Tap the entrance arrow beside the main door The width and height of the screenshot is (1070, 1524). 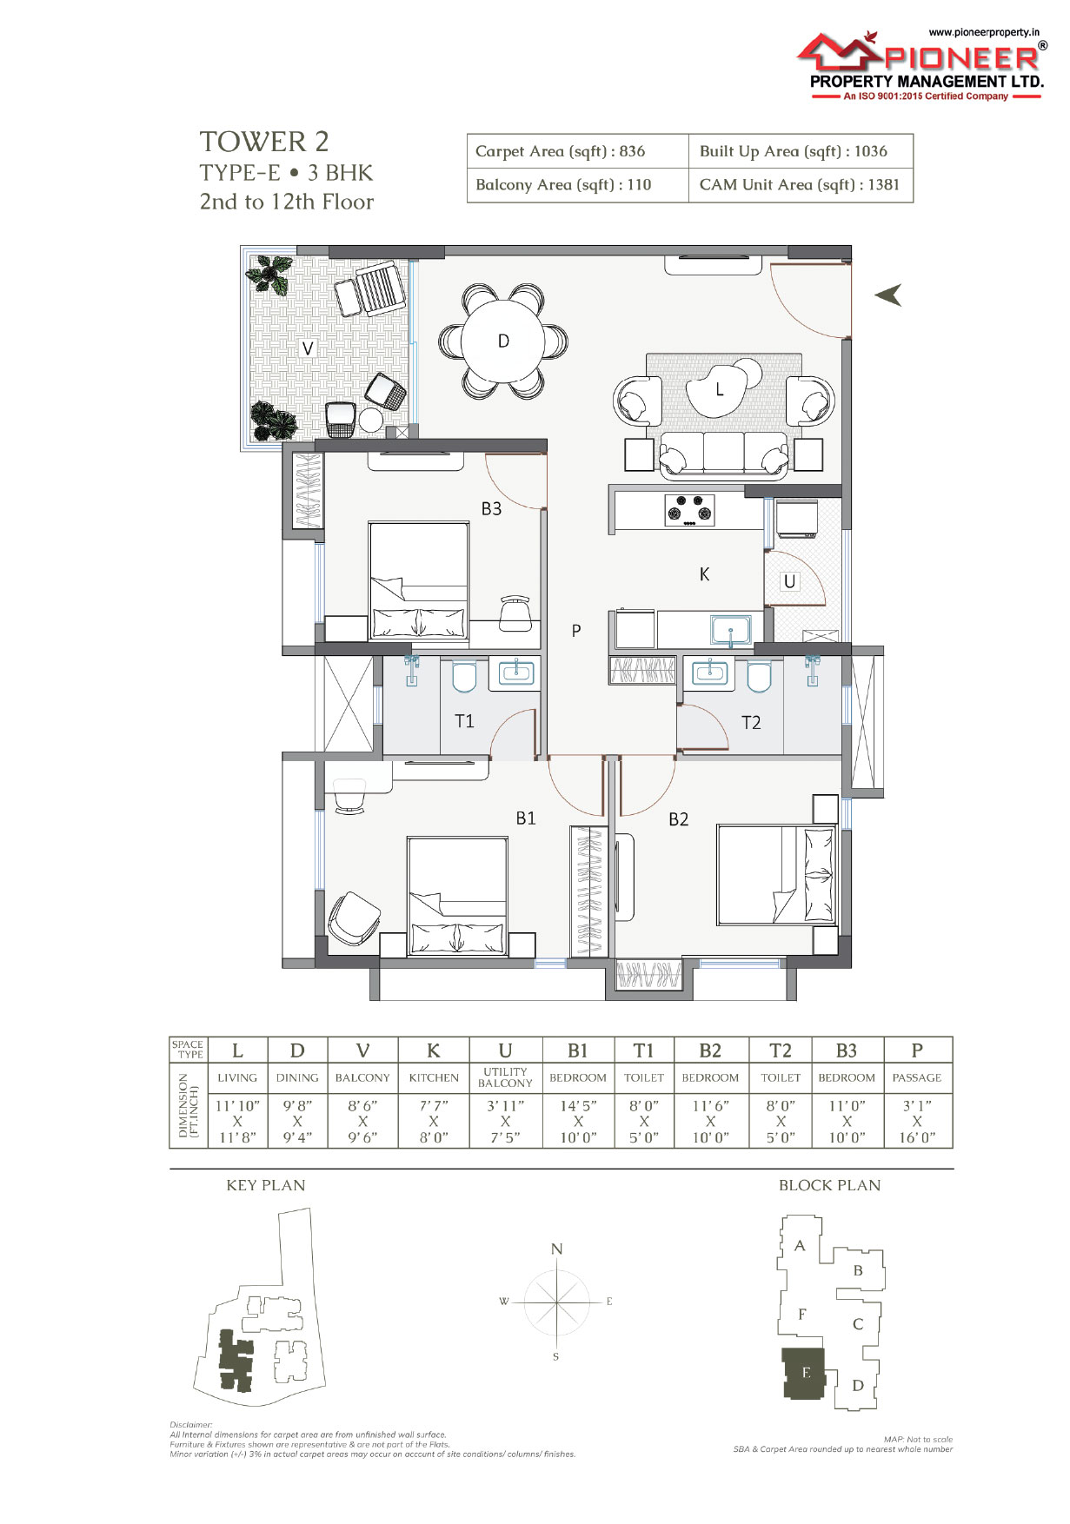click(888, 295)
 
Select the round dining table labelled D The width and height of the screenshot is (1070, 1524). click(503, 341)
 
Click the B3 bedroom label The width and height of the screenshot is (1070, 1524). click(492, 508)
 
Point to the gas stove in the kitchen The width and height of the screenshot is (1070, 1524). click(690, 510)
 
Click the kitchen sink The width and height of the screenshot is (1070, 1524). click(731, 630)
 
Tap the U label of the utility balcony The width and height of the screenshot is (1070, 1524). click(789, 581)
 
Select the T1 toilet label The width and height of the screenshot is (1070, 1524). click(465, 720)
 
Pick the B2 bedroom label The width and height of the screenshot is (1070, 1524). click(679, 818)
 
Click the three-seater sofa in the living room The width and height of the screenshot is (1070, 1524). click(724, 454)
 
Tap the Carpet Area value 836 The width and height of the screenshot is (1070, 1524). click(632, 151)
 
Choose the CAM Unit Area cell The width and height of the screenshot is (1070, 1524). click(800, 184)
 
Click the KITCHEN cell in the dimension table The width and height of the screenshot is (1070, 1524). click(434, 1077)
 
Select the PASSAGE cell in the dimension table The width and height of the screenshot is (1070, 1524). click(917, 1077)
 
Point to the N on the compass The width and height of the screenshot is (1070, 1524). click(557, 1249)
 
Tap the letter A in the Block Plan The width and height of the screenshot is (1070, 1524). click(800, 1245)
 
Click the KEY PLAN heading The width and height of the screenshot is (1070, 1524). click(266, 1185)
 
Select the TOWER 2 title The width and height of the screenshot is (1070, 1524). click(264, 142)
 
